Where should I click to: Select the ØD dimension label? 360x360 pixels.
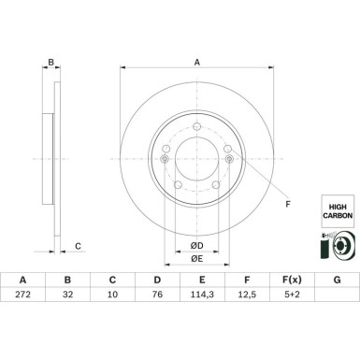pos(197,245)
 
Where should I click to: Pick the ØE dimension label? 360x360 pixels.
pos(197,258)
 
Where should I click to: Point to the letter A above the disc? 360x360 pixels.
pos(197,64)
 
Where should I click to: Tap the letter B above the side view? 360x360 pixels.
pos(52,64)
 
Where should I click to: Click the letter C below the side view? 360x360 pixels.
pos(78,246)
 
